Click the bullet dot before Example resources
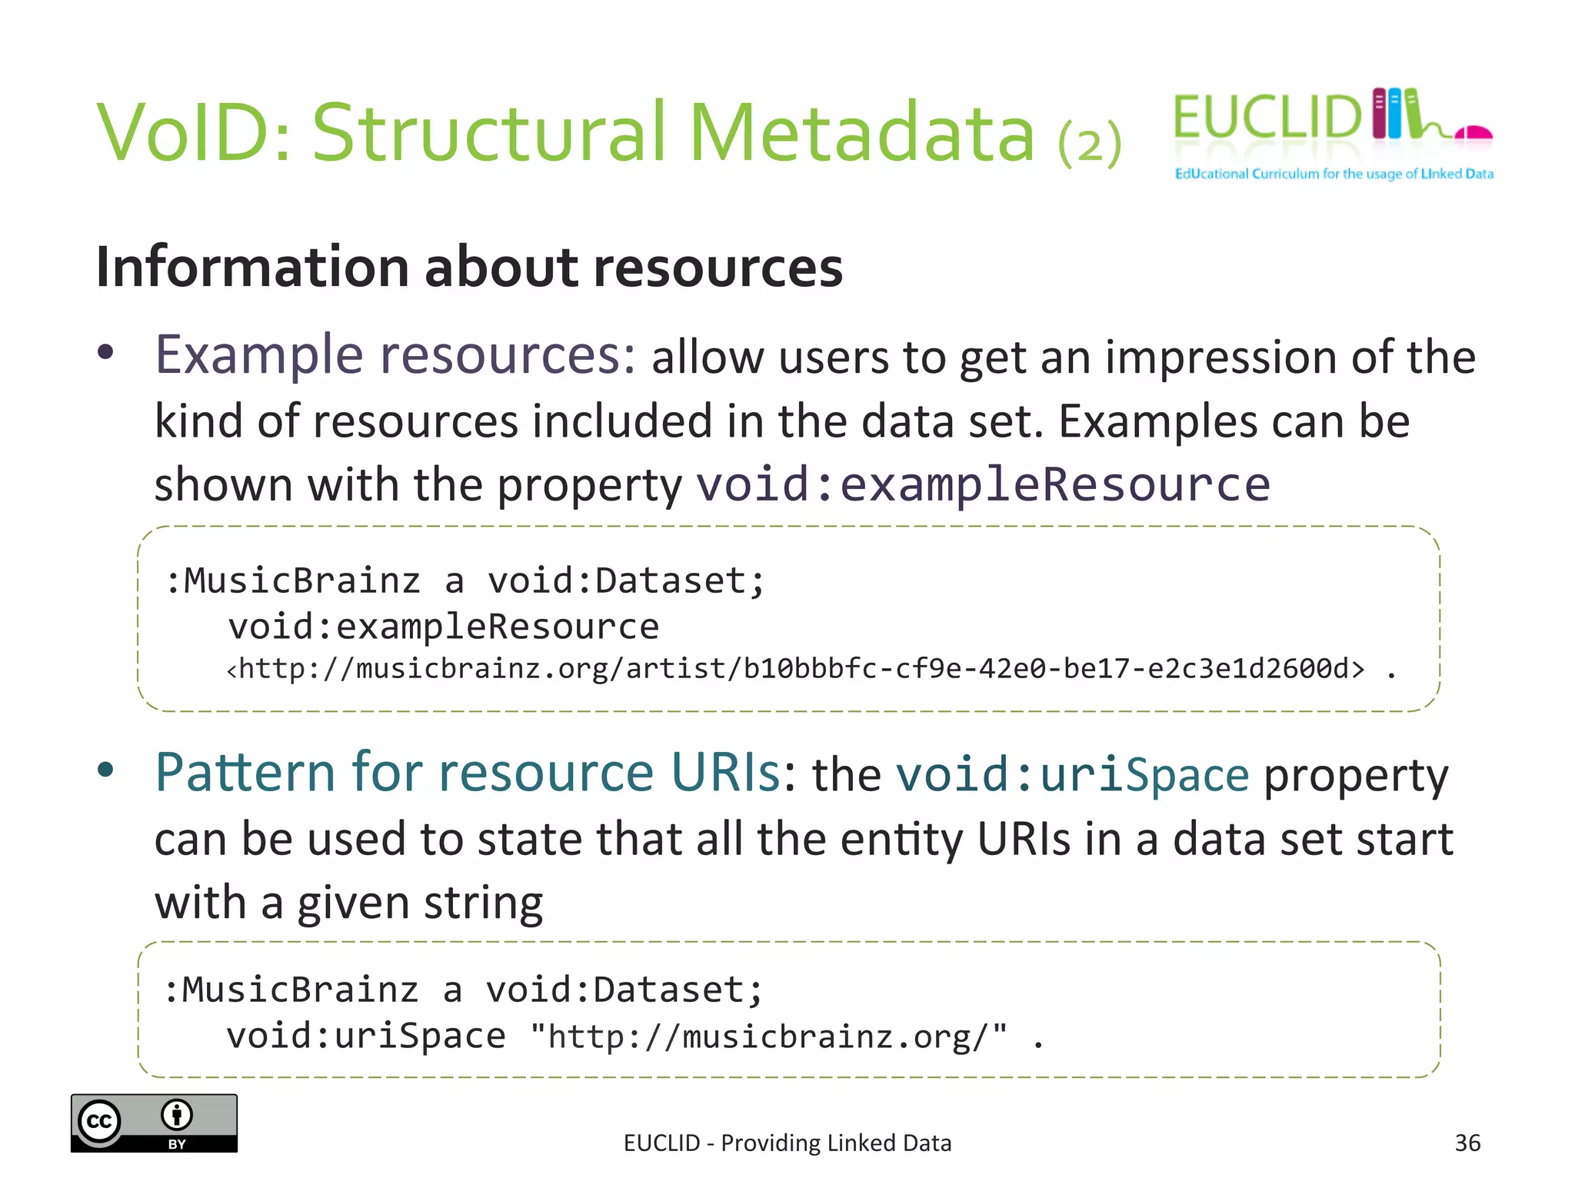pyautogui.click(x=106, y=353)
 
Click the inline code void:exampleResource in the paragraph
pyautogui.click(x=983, y=484)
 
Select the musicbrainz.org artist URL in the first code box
pyautogui.click(x=796, y=669)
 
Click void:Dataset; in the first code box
pyautogui.click(x=626, y=581)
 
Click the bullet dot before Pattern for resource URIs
pyautogui.click(x=106, y=770)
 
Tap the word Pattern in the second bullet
pyautogui.click(x=245, y=772)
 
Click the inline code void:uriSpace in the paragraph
pyautogui.click(x=1072, y=774)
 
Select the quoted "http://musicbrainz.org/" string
pyautogui.click(x=768, y=1036)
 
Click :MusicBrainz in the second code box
pyautogui.click(x=291, y=990)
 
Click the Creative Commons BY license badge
pyautogui.click(x=154, y=1123)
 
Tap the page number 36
pyautogui.click(x=1467, y=1143)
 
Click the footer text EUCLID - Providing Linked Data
pyautogui.click(x=787, y=1143)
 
